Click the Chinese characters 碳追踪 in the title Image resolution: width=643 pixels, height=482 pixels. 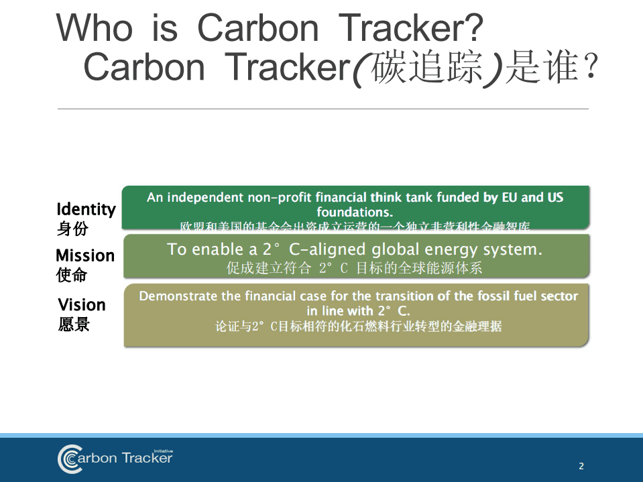pos(428,68)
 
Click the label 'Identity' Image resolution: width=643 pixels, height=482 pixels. pos(86,209)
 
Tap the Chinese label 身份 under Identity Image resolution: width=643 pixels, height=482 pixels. pos(72,229)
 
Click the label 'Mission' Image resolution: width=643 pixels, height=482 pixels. pos(85,255)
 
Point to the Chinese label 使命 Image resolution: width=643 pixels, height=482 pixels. pos(72,275)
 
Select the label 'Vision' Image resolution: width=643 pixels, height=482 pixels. pos(82,305)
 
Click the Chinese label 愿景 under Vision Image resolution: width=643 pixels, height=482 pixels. pos(74,324)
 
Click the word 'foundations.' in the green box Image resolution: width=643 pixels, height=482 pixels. pos(355,213)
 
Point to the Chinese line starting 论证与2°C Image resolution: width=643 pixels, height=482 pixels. pos(358,326)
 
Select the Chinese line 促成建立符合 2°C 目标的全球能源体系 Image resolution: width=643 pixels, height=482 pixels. pos(354,269)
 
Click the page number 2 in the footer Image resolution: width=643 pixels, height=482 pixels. pos(581,466)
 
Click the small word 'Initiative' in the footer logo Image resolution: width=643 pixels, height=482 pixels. pos(163,451)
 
